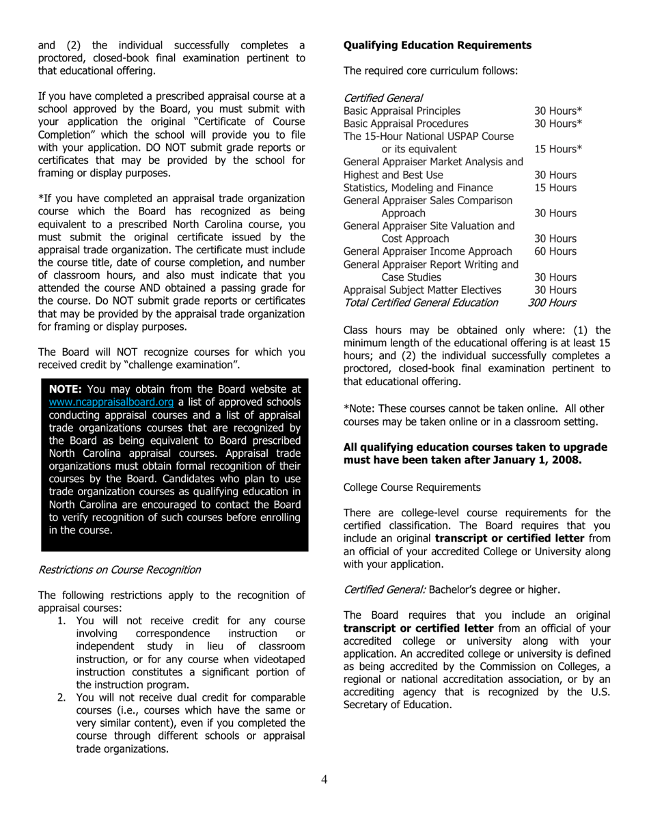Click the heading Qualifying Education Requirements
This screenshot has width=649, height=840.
coord(437,45)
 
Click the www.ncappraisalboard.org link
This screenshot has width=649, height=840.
coord(111,402)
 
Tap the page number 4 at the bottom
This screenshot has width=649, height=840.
coord(324,779)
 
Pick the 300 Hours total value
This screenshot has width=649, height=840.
coord(551,303)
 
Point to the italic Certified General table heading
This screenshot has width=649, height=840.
coord(383,98)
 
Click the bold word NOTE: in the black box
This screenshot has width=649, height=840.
coord(66,389)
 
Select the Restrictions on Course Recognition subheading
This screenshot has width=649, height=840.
coord(119,570)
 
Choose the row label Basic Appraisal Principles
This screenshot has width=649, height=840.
coord(402,111)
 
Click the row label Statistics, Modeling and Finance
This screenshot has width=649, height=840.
coord(417,187)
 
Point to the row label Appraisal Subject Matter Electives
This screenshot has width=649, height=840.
coord(417,290)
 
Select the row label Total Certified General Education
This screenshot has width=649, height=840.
coord(420,303)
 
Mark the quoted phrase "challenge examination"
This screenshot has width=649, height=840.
coord(183,365)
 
